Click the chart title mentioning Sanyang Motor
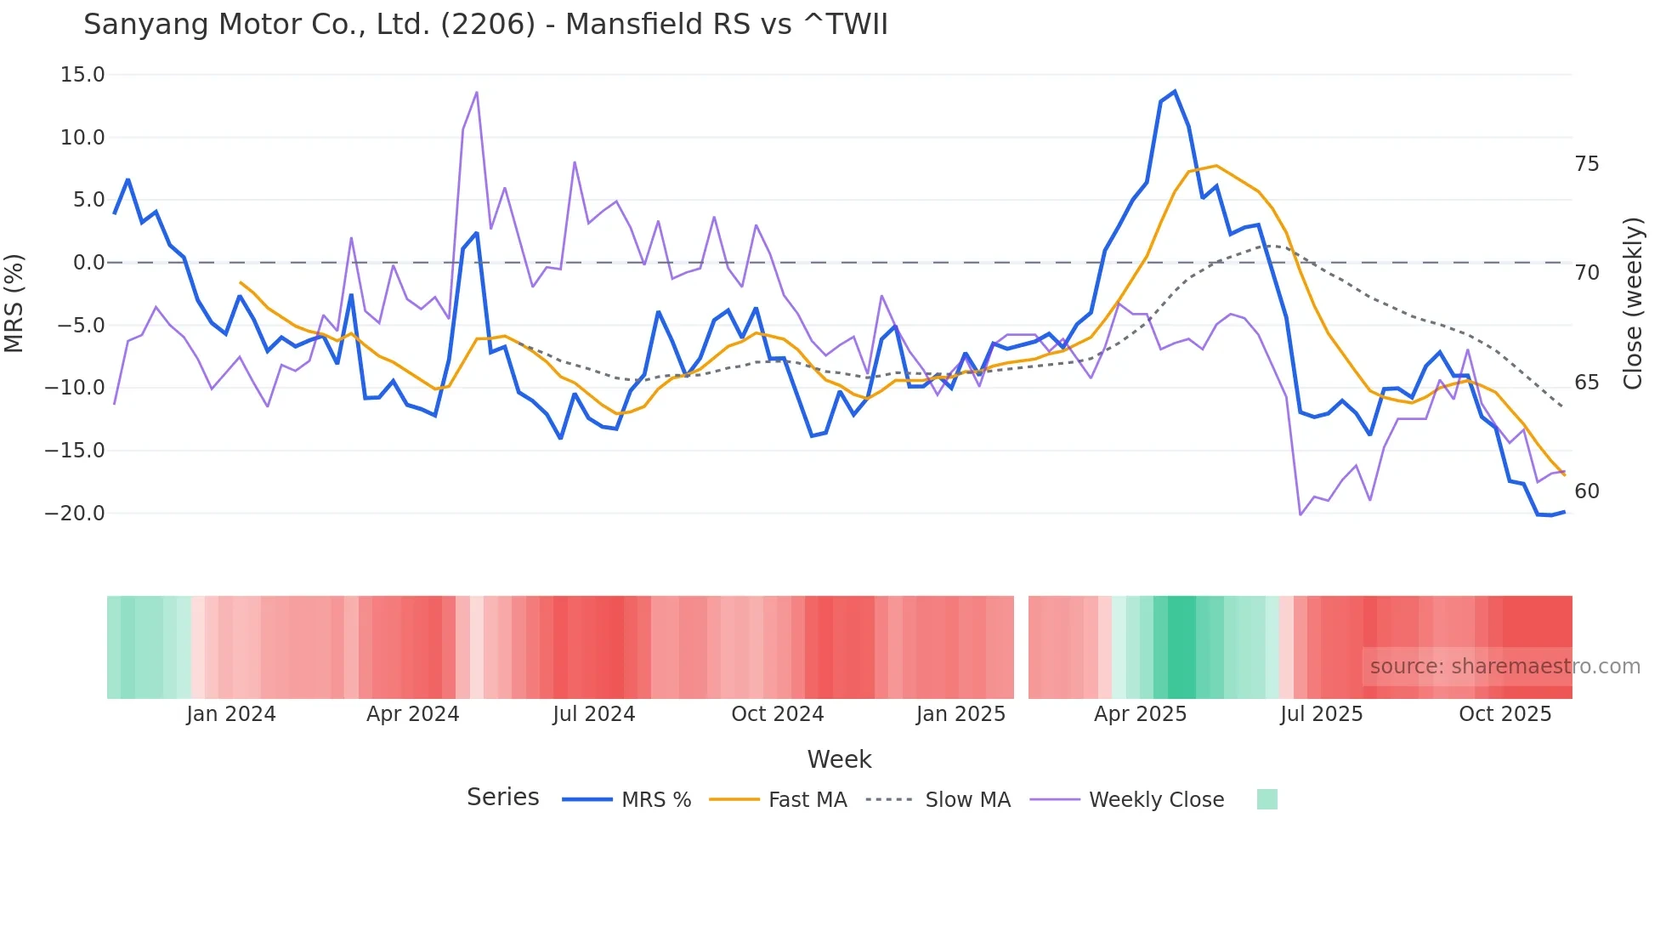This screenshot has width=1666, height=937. click(x=485, y=25)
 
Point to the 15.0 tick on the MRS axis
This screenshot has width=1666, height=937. click(x=82, y=75)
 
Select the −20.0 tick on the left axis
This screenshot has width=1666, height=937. click(x=75, y=514)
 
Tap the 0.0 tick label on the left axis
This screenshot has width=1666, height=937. click(x=88, y=263)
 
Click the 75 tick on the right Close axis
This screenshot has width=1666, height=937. click(x=1586, y=164)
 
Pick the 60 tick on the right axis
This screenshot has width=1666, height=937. click(x=1586, y=491)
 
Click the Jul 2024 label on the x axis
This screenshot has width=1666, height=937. click(x=593, y=714)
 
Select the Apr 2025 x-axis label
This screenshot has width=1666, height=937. click(x=1140, y=714)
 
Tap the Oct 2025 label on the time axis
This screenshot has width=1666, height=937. click(x=1504, y=714)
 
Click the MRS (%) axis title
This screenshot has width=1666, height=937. click(x=14, y=303)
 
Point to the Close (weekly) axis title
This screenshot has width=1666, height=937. click(x=1632, y=304)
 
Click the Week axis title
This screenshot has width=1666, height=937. click(x=839, y=759)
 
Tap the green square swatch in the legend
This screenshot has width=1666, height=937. click(x=1266, y=799)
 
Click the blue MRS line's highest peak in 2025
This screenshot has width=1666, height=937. click(x=1175, y=92)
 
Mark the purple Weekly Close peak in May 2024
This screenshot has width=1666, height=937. click(x=477, y=92)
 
